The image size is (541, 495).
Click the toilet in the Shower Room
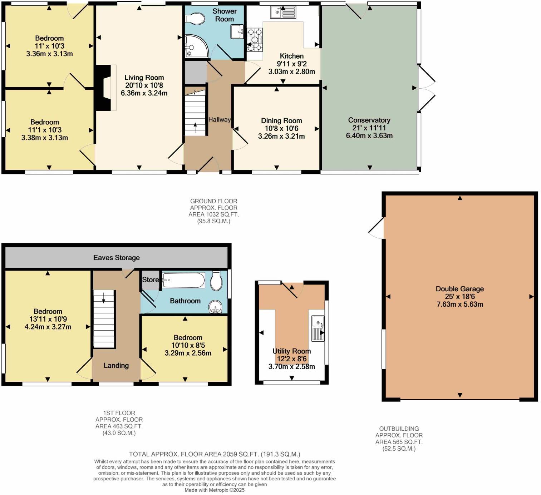[195, 19]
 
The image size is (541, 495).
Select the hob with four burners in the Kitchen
[255, 40]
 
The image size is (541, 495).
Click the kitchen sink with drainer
[283, 13]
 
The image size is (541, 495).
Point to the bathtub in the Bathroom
[183, 280]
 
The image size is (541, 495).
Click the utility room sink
[318, 328]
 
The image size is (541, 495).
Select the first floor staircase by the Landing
[104, 319]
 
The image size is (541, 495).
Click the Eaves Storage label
[116, 258]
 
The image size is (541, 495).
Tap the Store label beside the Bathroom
[150, 280]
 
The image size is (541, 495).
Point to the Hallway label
[219, 120]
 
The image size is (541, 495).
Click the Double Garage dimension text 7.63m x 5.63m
[459, 305]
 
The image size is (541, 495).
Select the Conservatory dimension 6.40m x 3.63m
[369, 136]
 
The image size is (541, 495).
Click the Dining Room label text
[281, 121]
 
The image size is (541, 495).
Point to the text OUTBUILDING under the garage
[399, 429]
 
